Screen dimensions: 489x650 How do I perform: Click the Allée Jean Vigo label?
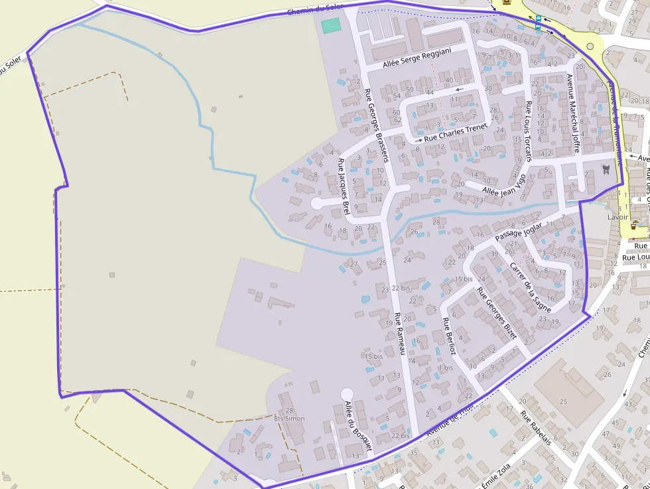coord(503,185)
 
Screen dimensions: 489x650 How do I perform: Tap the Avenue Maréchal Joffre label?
coord(573,113)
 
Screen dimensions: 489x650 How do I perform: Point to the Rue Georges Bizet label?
coord(497,314)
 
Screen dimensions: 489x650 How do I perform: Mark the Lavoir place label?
coord(617,217)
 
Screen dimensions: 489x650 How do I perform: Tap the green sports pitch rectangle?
coord(330,26)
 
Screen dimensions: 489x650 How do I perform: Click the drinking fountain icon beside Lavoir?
coord(635,224)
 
